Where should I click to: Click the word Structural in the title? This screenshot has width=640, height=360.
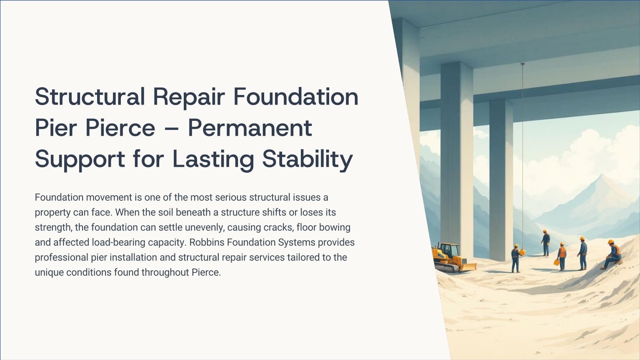[x=90, y=97]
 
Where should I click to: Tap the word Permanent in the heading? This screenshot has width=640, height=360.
[x=250, y=128]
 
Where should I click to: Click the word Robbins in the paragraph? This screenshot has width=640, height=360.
[x=207, y=242]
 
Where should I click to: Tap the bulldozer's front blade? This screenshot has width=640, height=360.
[x=469, y=267]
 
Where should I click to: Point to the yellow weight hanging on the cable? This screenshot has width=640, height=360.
[x=522, y=252]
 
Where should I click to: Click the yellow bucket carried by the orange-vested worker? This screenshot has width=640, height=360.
[x=557, y=262]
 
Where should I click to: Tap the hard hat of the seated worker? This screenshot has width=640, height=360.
[x=611, y=242]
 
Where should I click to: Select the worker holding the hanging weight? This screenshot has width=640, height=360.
[x=515, y=258]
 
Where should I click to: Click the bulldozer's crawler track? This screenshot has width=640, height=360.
[x=446, y=267]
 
